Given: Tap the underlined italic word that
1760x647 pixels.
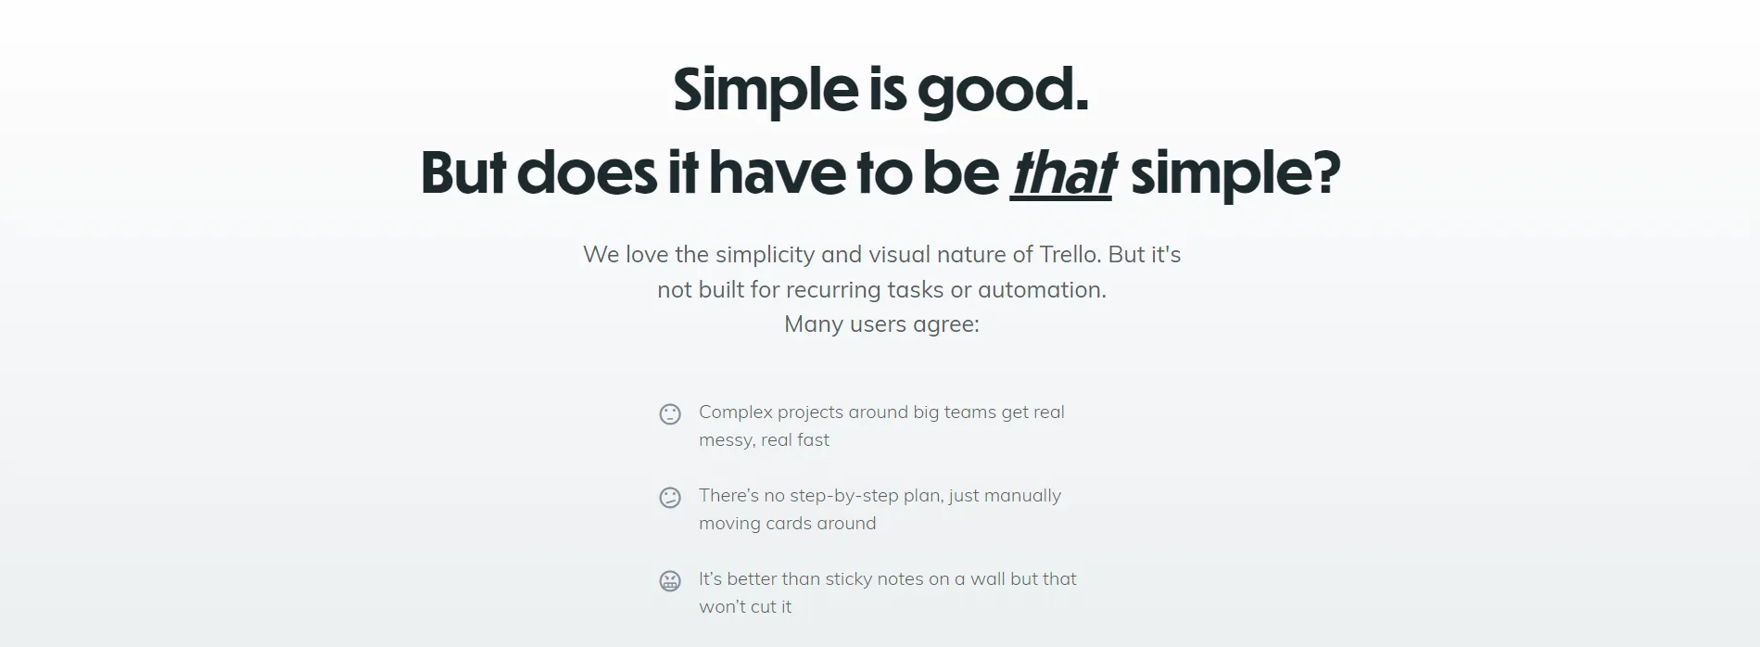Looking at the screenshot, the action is coord(1062,173).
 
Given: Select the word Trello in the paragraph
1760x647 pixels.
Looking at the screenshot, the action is coord(1069,255).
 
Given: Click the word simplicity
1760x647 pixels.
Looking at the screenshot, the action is coord(765,256).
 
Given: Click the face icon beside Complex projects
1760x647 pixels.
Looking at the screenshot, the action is coord(670,414).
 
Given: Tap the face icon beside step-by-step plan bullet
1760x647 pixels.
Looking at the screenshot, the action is coord(670,498).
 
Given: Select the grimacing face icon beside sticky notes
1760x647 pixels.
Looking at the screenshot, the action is coord(670,581).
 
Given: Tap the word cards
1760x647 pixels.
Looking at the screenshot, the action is coord(788,524).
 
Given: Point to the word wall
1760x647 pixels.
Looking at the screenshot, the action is coord(987,579).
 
